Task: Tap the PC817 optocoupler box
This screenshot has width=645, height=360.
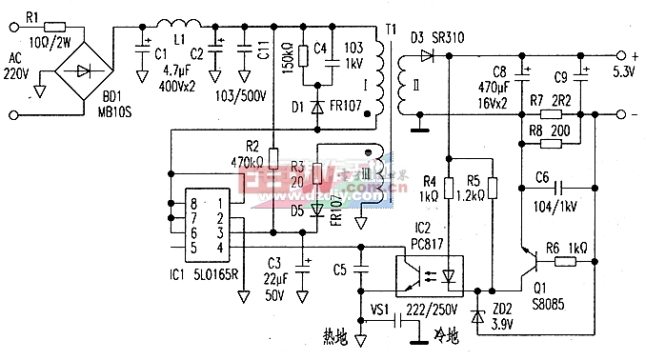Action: [x=429, y=273]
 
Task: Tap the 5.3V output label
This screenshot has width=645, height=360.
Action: [x=624, y=70]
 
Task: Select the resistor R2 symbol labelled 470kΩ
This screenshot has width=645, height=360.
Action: [x=272, y=158]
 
